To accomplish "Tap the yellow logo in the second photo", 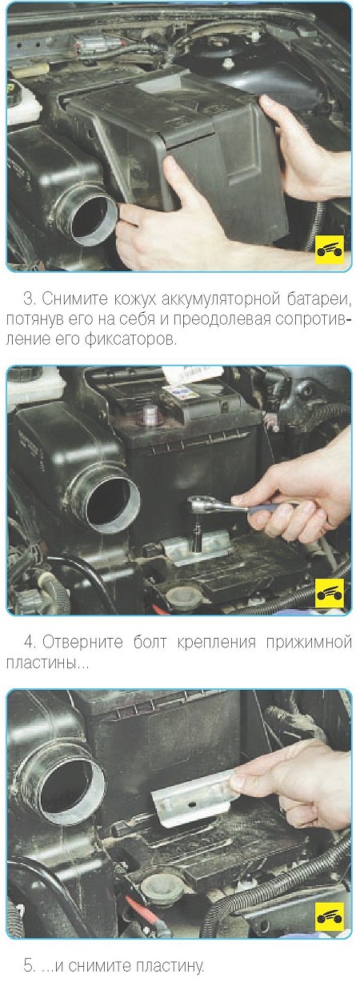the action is coord(330,592).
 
